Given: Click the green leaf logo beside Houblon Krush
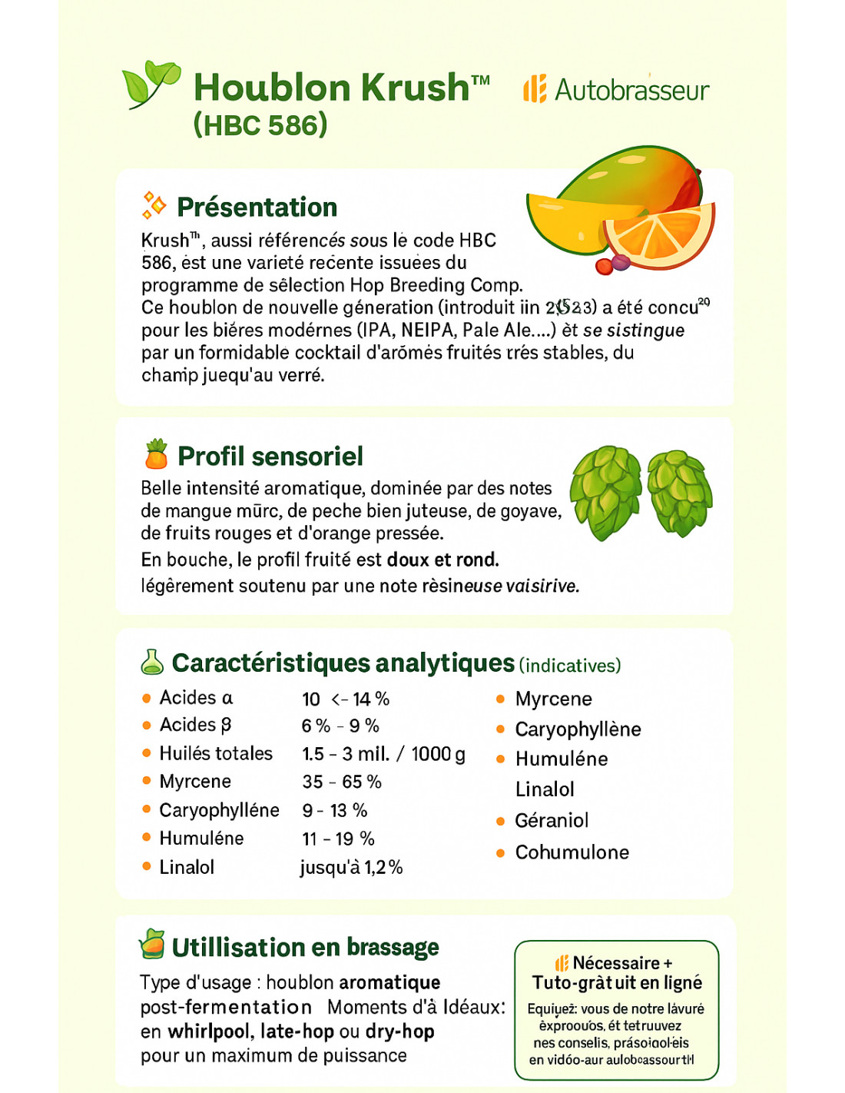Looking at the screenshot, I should click(x=151, y=83).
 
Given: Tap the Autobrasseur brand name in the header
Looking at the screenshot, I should click(x=631, y=90).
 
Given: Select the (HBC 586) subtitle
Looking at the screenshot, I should click(x=260, y=125).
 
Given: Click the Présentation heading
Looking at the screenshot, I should click(x=257, y=207).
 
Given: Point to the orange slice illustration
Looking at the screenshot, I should click(x=658, y=234).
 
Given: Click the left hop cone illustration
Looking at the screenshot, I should click(x=605, y=491).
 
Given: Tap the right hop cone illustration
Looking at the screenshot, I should click(x=680, y=491).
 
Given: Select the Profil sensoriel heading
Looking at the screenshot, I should click(x=270, y=456).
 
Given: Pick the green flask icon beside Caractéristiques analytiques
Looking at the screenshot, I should click(x=152, y=662).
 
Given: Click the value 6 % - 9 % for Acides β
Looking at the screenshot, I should click(x=340, y=726).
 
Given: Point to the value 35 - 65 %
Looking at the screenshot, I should click(x=342, y=782).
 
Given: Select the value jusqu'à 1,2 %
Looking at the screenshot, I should click(x=351, y=867).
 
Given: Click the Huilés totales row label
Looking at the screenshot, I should click(x=216, y=753).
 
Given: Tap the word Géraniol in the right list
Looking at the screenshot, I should click(x=552, y=820).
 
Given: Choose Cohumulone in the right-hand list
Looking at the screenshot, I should click(x=572, y=852).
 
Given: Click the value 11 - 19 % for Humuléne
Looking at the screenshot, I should click(x=338, y=839).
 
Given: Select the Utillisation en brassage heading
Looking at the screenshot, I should click(x=305, y=947).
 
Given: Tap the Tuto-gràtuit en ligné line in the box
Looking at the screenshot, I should click(x=617, y=982).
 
